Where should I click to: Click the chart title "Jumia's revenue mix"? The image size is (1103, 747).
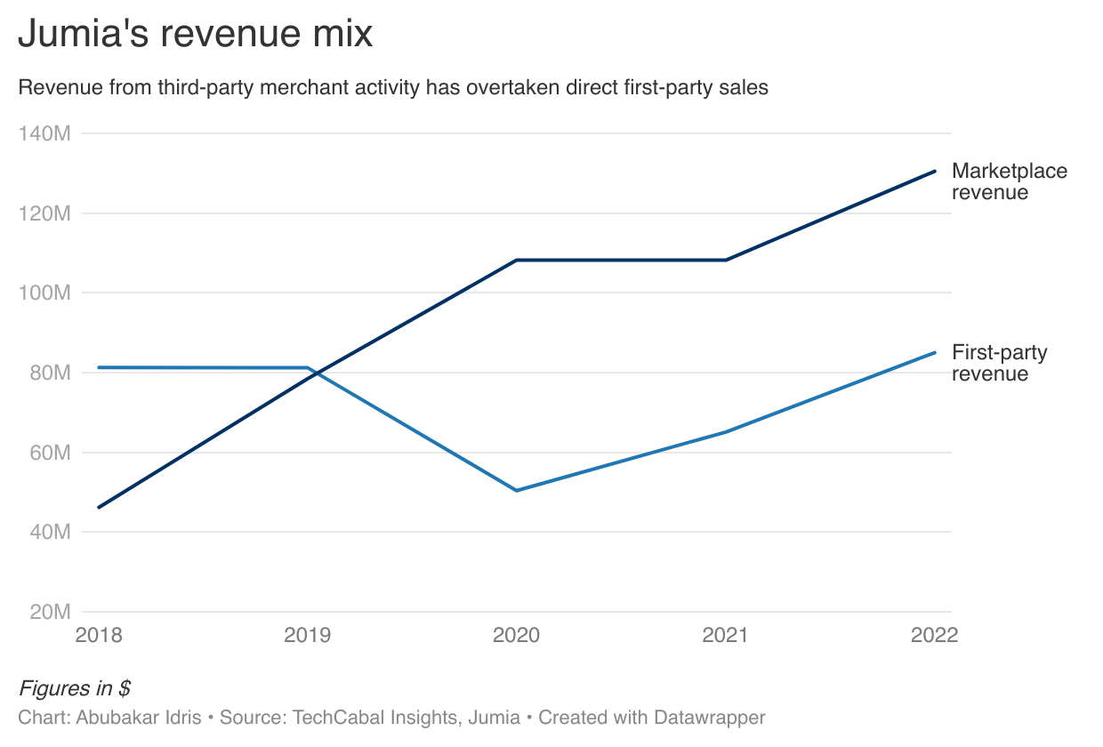click(195, 34)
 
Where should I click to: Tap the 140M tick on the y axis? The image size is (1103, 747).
click(44, 133)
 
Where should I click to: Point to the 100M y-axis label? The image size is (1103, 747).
click(44, 293)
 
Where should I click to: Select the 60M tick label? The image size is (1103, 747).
click(48, 453)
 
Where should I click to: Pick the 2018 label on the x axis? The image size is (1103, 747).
click(99, 635)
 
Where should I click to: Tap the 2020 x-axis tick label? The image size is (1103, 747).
click(517, 635)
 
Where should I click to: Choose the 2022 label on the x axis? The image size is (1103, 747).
click(933, 635)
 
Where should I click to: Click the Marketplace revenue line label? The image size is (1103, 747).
click(1009, 181)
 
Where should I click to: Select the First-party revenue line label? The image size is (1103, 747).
click(999, 363)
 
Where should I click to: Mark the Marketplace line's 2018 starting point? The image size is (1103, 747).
click(99, 507)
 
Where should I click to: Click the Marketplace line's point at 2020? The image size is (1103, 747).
click(517, 260)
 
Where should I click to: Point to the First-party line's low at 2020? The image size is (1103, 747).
click(517, 490)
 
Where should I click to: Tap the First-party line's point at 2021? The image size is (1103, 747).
click(726, 432)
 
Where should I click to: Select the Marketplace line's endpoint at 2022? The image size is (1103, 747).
click(935, 171)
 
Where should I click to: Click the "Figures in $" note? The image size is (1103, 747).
click(75, 688)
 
